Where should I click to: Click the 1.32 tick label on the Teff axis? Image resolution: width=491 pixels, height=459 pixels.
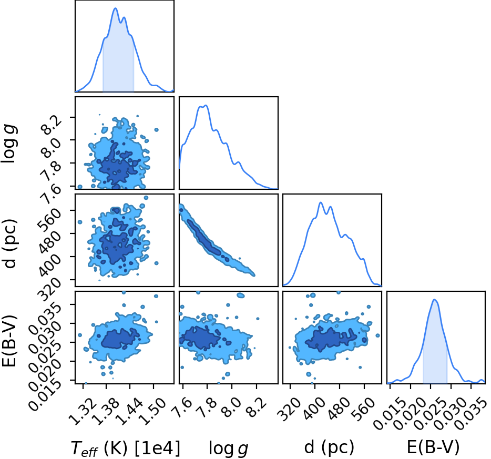click(x=83, y=411)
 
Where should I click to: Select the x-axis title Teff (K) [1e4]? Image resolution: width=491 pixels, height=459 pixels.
click(x=126, y=448)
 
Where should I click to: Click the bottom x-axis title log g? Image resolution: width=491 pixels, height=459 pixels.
click(x=228, y=448)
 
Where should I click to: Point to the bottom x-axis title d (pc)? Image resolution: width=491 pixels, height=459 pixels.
click(x=329, y=447)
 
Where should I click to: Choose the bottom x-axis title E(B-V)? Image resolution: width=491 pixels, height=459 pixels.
click(x=433, y=447)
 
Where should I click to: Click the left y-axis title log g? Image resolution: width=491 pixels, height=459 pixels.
click(x=9, y=143)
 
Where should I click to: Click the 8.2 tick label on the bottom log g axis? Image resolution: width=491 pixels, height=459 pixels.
click(x=258, y=407)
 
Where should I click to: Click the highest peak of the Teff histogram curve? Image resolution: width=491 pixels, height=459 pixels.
click(x=115, y=8)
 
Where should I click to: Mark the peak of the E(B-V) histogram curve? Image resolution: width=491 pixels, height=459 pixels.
click(x=434, y=300)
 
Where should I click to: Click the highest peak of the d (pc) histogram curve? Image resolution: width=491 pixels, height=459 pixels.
click(x=321, y=202)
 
